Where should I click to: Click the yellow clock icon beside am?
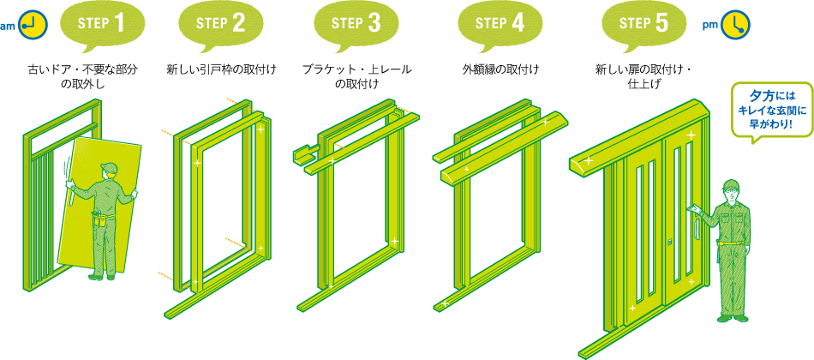pos(33,24)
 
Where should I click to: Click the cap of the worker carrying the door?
pos(109,168)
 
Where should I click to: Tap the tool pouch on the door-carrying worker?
pos(99,219)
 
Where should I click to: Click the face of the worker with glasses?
pos(731,194)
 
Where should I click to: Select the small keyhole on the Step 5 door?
pos(671,242)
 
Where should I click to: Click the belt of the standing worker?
pos(731,243)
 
